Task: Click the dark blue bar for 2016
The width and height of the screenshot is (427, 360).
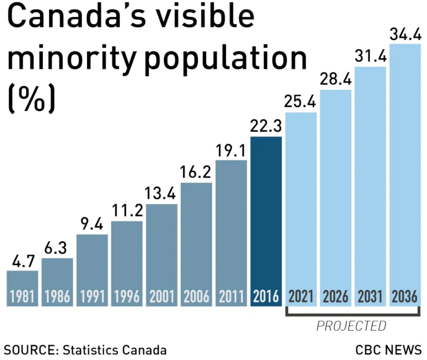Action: point(266,211)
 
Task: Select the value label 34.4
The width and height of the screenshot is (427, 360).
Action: point(405,35)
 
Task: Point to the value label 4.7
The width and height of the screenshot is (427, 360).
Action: point(22,261)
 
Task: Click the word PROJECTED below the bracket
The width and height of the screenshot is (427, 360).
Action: point(351,326)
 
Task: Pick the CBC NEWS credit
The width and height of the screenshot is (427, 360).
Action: point(388,350)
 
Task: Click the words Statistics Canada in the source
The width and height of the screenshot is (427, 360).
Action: point(115,350)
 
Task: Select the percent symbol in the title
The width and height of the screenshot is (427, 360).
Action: point(31,99)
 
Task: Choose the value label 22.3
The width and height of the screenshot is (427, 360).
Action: point(266,127)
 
